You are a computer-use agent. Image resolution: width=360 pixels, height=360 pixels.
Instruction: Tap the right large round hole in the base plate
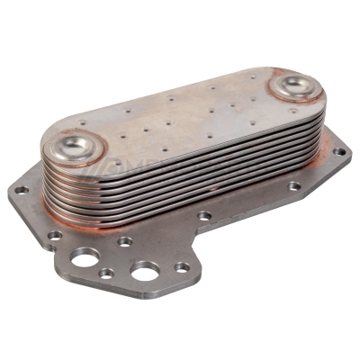click(144, 270)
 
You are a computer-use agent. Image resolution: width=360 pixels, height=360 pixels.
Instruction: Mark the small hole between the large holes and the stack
click(125, 241)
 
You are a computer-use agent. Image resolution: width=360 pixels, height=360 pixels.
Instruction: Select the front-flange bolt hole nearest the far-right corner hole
click(294, 186)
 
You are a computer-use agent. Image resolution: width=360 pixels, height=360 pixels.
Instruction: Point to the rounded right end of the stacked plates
click(322, 117)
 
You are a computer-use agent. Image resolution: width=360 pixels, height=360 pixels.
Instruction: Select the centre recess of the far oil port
click(292, 85)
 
